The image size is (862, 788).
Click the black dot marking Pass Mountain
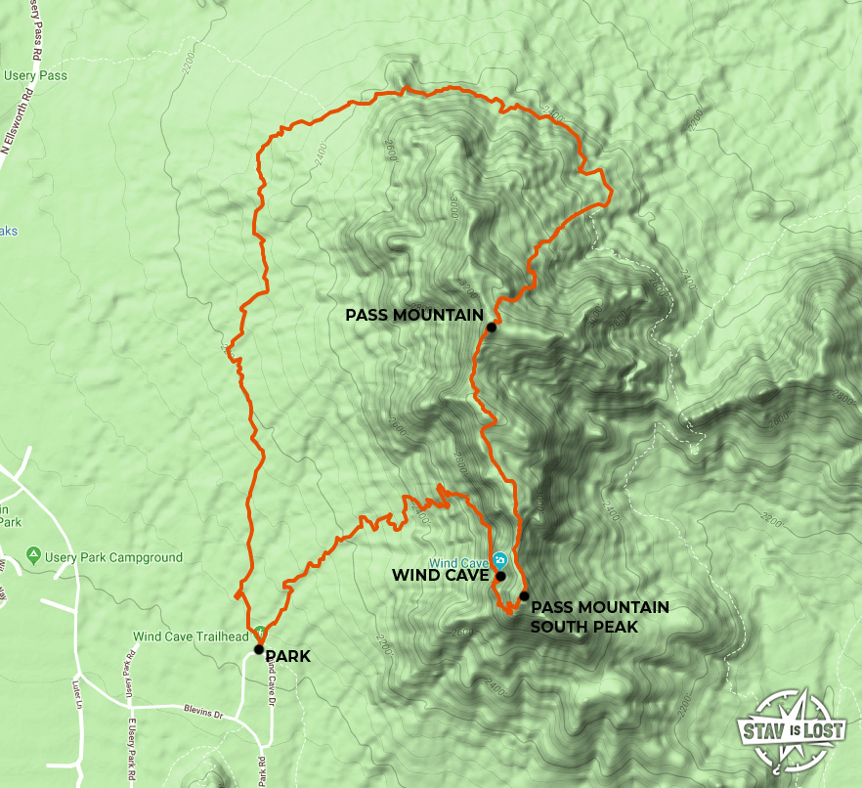pyautogui.click(x=491, y=328)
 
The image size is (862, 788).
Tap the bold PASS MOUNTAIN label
pyautogui.click(x=414, y=315)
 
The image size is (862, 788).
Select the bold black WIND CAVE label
pyautogui.click(x=440, y=576)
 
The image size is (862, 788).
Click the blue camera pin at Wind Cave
pyautogui.click(x=499, y=561)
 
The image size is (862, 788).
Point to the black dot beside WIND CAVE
pyautogui.click(x=500, y=577)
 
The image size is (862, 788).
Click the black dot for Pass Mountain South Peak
pyautogui.click(x=524, y=595)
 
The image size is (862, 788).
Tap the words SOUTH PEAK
pyautogui.click(x=583, y=626)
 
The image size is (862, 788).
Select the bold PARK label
pyautogui.click(x=287, y=656)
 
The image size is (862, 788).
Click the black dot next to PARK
pyautogui.click(x=258, y=648)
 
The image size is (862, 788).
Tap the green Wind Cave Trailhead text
pyautogui.click(x=192, y=636)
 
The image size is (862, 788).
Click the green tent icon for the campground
pyautogui.click(x=34, y=556)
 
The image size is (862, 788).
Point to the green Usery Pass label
pyautogui.click(x=34, y=74)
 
